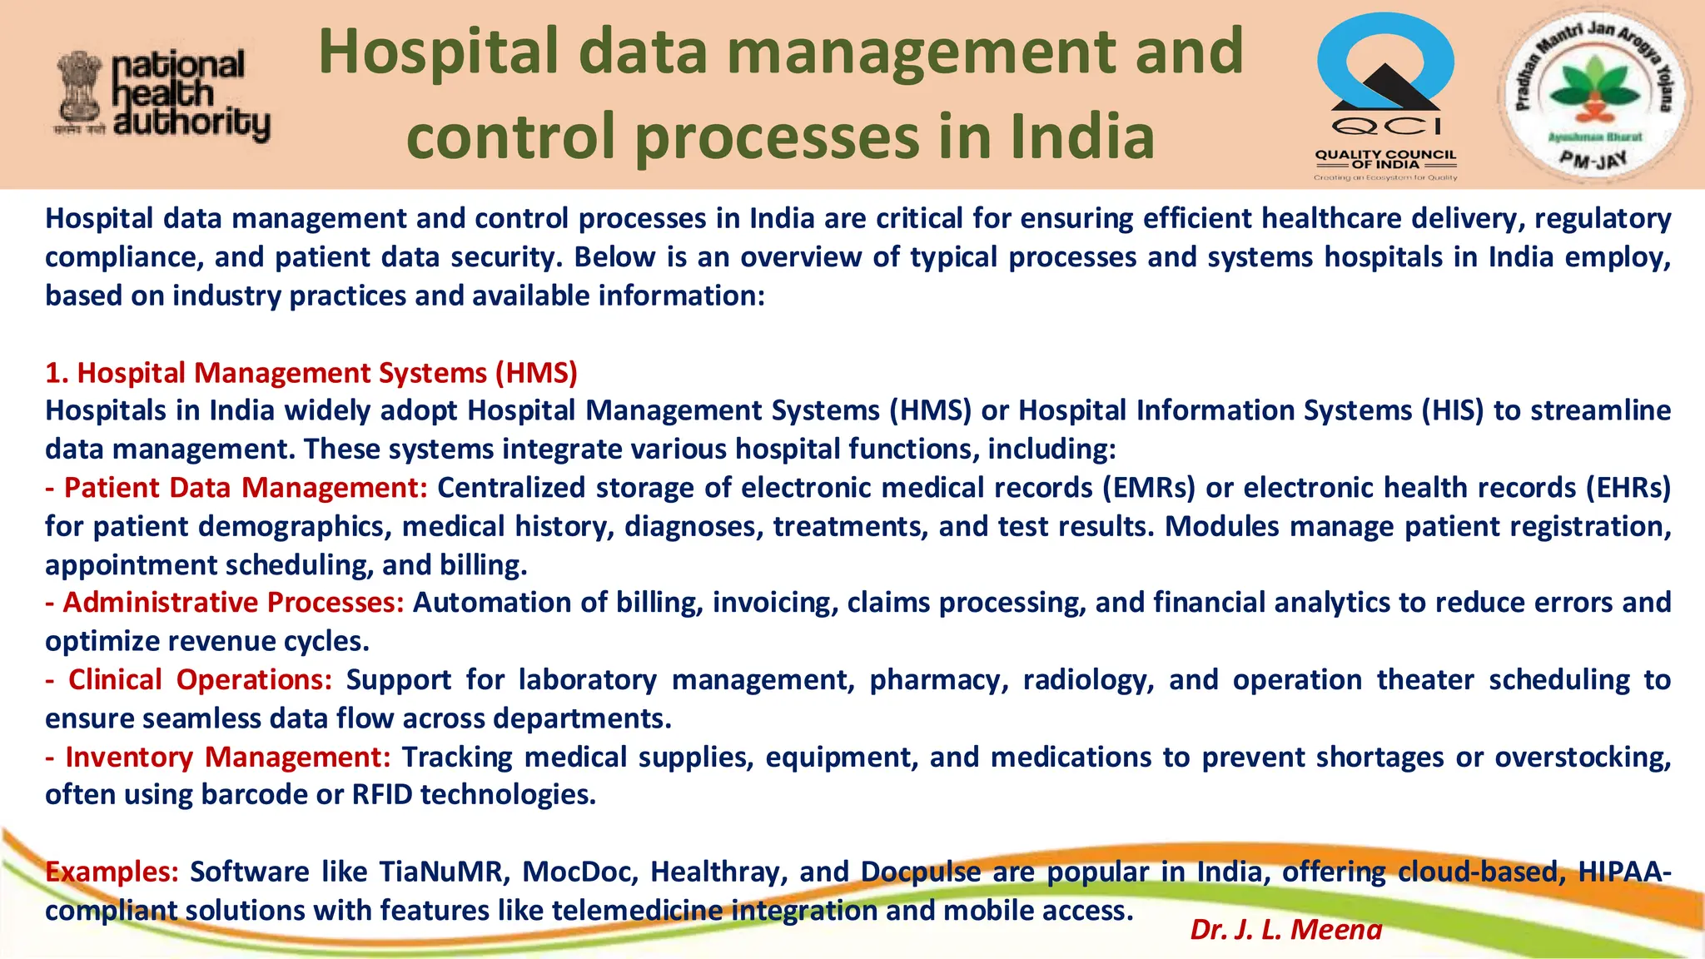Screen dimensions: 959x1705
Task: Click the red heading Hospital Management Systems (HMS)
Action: pyautogui.click(x=311, y=373)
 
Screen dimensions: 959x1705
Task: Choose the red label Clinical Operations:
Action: pyautogui.click(x=189, y=680)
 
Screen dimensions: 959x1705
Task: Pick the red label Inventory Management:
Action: pyautogui.click(x=218, y=758)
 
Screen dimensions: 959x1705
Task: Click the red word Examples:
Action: pyautogui.click(x=112, y=872)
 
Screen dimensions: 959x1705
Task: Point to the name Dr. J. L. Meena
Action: pyautogui.click(x=1285, y=929)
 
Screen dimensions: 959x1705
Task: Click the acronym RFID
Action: pyautogui.click(x=382, y=795)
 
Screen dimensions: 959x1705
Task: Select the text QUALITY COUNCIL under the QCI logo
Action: pyautogui.click(x=1385, y=154)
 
